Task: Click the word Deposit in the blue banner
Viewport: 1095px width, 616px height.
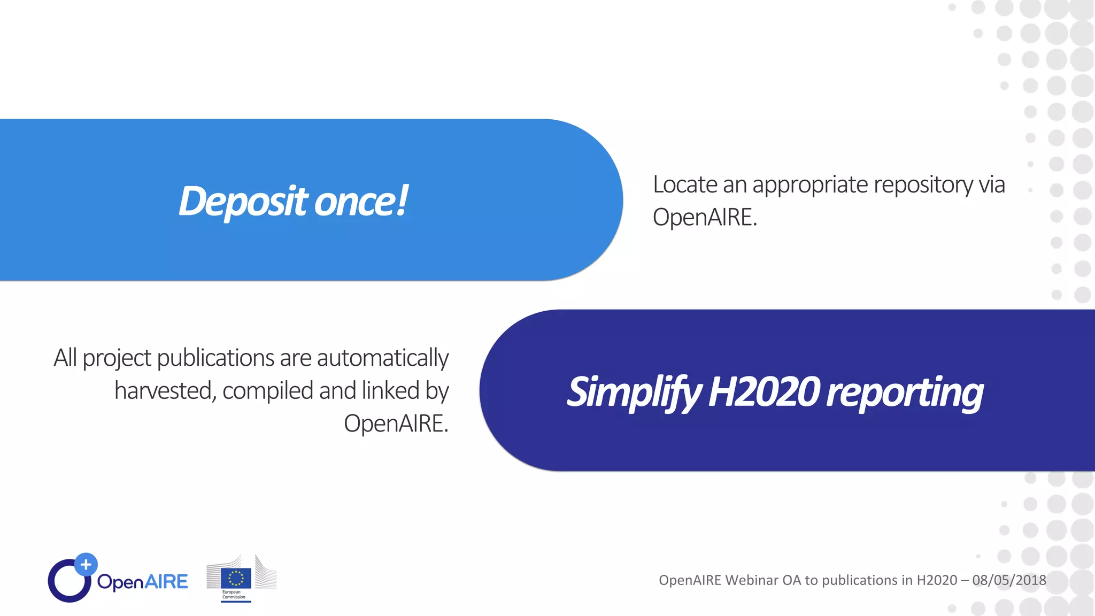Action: [243, 202]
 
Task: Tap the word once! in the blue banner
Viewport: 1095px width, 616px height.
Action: [361, 202]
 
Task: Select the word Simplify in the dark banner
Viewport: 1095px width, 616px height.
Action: [634, 392]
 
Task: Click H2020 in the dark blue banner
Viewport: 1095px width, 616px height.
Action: [764, 392]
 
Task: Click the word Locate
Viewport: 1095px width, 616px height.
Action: [685, 185]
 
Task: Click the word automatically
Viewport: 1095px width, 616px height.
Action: [382, 358]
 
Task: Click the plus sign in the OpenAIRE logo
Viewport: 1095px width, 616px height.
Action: [86, 564]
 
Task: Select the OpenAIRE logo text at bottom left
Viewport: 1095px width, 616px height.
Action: [142, 582]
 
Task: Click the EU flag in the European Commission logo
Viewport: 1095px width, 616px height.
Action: [236, 578]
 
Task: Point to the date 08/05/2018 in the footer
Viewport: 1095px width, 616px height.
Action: [1009, 580]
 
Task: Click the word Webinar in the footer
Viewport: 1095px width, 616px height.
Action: [752, 580]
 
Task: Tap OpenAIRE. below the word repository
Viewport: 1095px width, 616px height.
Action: [705, 218]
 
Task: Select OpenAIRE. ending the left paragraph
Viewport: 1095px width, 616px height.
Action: [396, 423]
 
